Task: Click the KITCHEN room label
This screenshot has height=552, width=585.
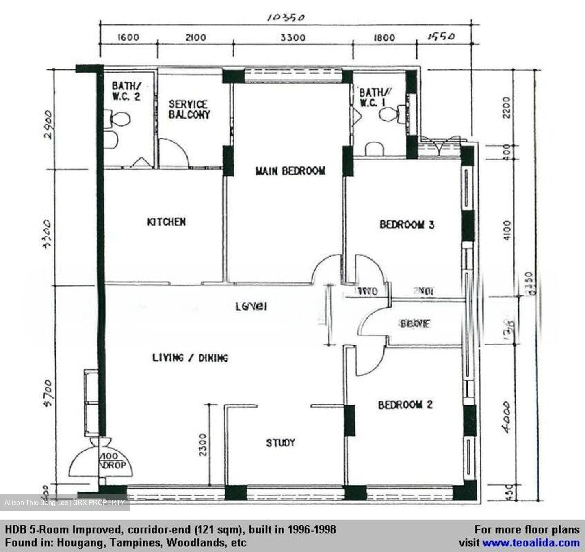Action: click(x=166, y=222)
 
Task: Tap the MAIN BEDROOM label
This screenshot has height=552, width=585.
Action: click(x=290, y=171)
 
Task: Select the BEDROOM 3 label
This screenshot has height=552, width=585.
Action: click(x=407, y=224)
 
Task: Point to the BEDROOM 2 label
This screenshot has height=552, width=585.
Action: click(x=405, y=405)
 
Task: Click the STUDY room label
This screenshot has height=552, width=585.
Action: click(x=280, y=443)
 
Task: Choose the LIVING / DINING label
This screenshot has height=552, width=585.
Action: click(x=190, y=358)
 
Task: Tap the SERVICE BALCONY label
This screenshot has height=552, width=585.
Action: click(x=189, y=110)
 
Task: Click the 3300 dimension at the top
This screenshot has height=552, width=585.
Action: click(x=293, y=38)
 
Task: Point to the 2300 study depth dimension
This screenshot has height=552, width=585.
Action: click(x=203, y=444)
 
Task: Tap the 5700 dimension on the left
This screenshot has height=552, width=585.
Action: click(x=48, y=393)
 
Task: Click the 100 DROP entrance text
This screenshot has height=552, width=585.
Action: click(x=113, y=461)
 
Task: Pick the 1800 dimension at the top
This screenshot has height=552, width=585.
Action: click(x=384, y=38)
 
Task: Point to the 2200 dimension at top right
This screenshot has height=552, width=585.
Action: click(x=506, y=107)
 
